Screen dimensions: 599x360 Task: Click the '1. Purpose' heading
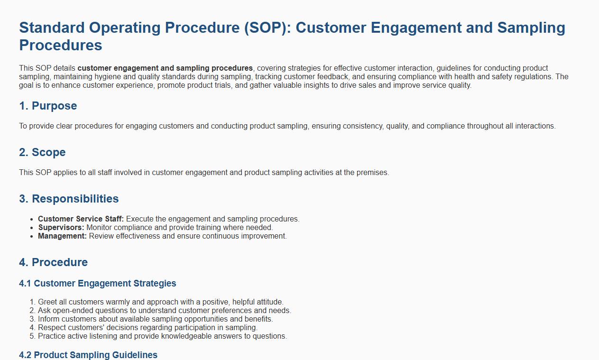click(48, 106)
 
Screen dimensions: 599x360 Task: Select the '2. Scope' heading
click(42, 152)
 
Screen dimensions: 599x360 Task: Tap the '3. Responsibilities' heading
click(69, 199)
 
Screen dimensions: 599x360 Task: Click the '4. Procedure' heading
click(53, 262)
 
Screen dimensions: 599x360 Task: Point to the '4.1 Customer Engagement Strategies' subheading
click(98, 284)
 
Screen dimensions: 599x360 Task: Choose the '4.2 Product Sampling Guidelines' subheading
click(88, 355)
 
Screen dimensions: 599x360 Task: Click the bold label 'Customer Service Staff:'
click(81, 219)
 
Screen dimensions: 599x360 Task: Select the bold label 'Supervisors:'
click(61, 227)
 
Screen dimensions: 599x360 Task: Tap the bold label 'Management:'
click(62, 236)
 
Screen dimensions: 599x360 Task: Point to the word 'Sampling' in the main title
click(531, 28)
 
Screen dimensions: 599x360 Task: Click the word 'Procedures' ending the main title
click(61, 45)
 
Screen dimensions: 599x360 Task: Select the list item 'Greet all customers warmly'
click(160, 302)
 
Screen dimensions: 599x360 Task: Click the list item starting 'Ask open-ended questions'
click(165, 311)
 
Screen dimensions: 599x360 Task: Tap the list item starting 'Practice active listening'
click(162, 336)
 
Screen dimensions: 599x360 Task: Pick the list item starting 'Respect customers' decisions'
click(147, 328)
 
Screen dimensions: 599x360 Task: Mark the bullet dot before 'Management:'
click(32, 236)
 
